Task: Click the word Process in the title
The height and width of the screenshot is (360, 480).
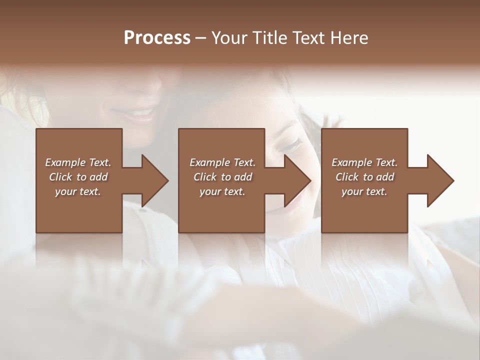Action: point(157,38)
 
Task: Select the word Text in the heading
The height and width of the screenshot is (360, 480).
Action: point(307,38)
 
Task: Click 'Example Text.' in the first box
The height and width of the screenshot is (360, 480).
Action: point(78,162)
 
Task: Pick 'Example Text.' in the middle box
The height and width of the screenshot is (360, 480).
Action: point(222,162)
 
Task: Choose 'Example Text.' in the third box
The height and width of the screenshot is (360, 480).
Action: point(364,162)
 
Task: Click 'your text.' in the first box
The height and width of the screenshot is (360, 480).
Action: point(78,191)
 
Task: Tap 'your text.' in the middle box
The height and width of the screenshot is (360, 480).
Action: point(222,191)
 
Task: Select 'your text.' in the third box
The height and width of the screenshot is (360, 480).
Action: point(364,191)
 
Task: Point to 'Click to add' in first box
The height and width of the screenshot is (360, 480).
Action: point(78,177)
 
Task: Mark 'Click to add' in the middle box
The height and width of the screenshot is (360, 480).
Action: point(222,177)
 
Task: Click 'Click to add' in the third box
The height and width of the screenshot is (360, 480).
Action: point(364,177)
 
